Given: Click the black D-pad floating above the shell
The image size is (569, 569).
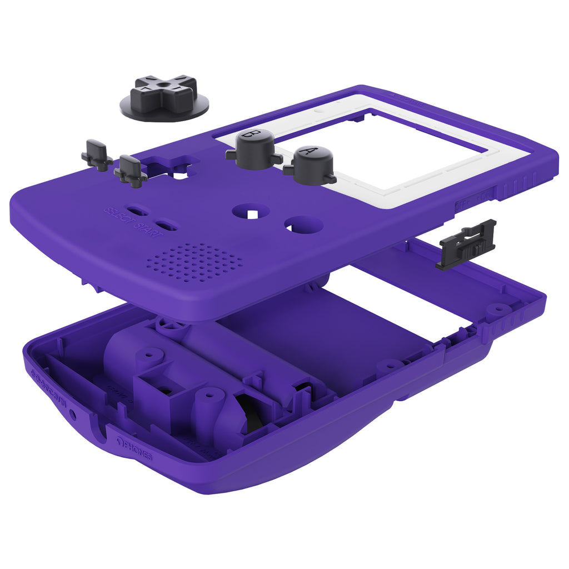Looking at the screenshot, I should click(164, 96).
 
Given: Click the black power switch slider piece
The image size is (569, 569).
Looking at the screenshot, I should click(467, 244).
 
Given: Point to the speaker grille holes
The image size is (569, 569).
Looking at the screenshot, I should click(197, 261).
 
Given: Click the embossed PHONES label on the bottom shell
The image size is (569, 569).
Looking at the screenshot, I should click(136, 450).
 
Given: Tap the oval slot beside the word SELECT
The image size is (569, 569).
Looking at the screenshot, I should click(138, 211).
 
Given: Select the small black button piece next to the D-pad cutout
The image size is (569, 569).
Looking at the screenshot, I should click(131, 169).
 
